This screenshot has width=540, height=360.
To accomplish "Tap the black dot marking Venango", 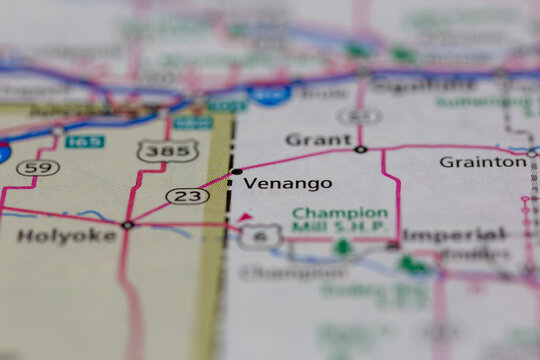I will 237,172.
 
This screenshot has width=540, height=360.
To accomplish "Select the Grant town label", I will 319,139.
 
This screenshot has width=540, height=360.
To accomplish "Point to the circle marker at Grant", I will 360,150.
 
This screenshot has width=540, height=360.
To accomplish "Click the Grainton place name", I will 482,161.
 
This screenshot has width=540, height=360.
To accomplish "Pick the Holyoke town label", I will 54,237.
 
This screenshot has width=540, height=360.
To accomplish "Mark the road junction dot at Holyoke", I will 127,225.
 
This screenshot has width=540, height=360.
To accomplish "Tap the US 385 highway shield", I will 167,151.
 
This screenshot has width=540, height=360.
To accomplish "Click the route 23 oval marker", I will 187,196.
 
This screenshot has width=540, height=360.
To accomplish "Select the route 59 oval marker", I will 37,167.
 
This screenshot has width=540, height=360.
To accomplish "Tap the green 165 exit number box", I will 85,141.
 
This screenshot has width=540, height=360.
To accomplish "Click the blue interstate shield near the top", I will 270,93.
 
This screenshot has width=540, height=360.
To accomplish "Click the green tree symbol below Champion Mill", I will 343,246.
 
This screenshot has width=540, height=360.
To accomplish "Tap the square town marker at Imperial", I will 394,244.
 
